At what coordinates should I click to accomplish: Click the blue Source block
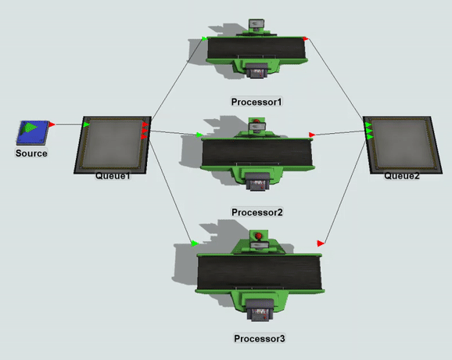(x=33, y=132)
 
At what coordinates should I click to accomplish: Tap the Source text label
(x=31, y=153)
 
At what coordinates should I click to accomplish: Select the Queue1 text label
(x=113, y=175)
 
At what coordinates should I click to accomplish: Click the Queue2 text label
(x=402, y=175)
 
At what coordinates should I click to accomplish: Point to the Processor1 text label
(x=256, y=102)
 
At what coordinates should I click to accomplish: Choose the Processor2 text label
(x=257, y=212)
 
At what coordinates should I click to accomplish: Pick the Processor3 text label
(x=260, y=338)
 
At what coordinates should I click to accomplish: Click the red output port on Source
(x=52, y=124)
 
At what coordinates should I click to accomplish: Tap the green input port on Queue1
(x=86, y=124)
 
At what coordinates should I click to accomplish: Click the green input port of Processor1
(x=204, y=38)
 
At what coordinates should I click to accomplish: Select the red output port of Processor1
(x=305, y=38)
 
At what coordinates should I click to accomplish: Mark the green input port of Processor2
(x=199, y=135)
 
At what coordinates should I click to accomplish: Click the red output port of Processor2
(x=312, y=135)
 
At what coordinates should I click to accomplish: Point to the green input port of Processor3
(x=195, y=243)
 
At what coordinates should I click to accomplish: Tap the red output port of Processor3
(x=321, y=243)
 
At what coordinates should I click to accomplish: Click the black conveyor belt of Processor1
(x=256, y=49)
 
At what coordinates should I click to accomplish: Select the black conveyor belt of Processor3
(x=259, y=272)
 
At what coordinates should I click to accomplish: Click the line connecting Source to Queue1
(x=69, y=124)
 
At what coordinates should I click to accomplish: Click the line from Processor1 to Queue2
(x=336, y=79)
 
